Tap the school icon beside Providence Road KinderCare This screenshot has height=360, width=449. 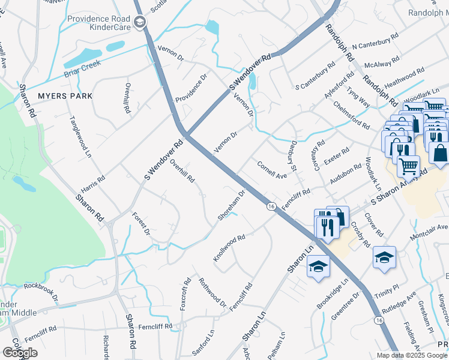pyautogui.click(x=140, y=23)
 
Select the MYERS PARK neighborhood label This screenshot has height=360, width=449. pyautogui.click(x=65, y=96)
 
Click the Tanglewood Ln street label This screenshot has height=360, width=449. pyautogui.click(x=80, y=136)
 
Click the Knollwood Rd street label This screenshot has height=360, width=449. pyautogui.click(x=229, y=248)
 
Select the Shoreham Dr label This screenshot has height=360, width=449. pyautogui.click(x=232, y=205)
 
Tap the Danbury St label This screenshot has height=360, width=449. pyautogui.click(x=294, y=154)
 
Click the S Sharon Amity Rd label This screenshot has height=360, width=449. pyautogui.click(x=397, y=187)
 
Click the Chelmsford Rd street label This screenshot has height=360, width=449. pyautogui.click(x=352, y=114)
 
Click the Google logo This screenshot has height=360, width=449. pyautogui.click(x=20, y=353)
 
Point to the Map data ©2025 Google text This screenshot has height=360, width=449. pyautogui.click(x=411, y=355)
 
